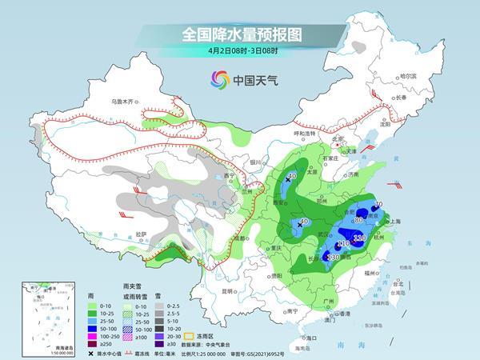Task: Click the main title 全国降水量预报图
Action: [239, 34]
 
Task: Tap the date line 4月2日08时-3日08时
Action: [239, 53]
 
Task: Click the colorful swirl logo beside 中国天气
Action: [218, 79]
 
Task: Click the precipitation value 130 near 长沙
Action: [334, 257]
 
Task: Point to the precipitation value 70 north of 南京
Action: [378, 206]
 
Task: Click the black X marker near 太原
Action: [288, 180]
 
